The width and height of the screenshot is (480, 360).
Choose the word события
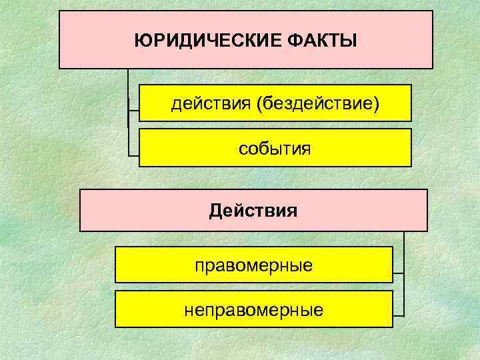click(275, 148)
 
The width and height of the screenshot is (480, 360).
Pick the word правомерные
click(253, 265)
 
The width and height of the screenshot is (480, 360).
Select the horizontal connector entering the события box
click(133, 154)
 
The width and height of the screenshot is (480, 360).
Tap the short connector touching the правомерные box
click(398, 273)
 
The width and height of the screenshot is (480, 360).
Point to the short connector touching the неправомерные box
click(398, 314)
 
